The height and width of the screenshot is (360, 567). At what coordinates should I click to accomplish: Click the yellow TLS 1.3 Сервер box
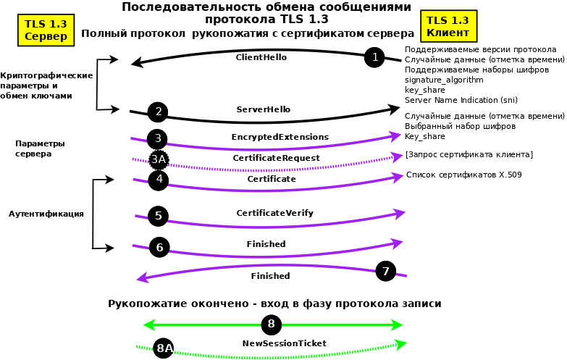(46, 30)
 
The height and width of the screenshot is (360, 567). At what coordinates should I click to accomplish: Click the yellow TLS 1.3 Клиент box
(448, 27)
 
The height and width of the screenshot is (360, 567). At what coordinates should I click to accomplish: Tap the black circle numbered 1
(374, 56)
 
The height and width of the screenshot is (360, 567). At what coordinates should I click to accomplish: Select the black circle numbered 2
(158, 112)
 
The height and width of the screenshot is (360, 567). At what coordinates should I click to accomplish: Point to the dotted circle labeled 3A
(159, 160)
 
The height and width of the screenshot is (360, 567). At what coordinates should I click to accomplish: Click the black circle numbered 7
(386, 272)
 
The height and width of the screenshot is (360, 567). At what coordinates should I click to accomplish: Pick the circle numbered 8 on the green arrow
(272, 324)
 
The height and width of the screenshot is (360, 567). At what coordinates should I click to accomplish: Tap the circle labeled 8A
(164, 348)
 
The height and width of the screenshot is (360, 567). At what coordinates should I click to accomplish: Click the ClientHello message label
(261, 57)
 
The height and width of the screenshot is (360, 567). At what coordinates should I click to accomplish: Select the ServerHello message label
(264, 109)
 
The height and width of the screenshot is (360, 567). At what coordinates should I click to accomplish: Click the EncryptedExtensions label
(280, 137)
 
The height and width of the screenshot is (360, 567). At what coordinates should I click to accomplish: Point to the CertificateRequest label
(276, 158)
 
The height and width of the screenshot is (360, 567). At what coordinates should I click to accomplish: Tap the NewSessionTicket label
(284, 343)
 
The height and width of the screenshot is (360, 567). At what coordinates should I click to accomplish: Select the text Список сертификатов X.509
(463, 175)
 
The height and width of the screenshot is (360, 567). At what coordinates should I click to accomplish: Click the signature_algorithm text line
(443, 80)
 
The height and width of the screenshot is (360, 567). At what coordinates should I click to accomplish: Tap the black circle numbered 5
(159, 216)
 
